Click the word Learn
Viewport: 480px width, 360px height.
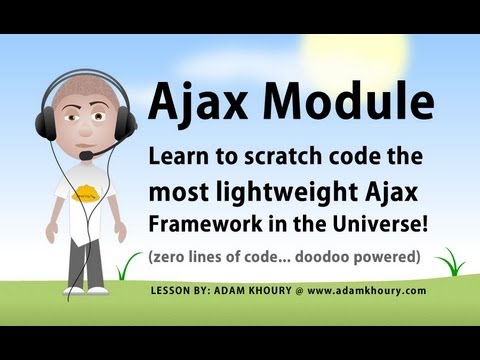(x=180, y=158)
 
